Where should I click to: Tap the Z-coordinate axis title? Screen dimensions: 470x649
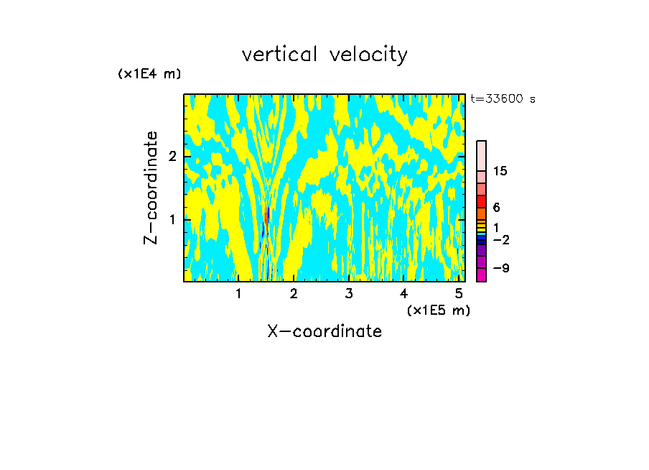tap(151, 188)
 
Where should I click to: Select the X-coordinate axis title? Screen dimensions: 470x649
tap(324, 331)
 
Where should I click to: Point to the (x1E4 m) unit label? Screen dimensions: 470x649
tap(149, 74)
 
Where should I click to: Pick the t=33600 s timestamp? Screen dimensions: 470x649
tap(503, 99)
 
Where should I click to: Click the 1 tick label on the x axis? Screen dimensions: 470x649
tap(238, 294)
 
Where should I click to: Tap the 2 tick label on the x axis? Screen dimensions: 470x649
tap(294, 294)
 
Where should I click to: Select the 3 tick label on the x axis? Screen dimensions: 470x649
tap(348, 294)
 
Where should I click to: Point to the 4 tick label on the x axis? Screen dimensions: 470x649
tap(403, 294)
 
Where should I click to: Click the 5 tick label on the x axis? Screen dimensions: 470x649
tap(458, 294)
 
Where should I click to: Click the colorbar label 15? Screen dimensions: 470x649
tap(500, 171)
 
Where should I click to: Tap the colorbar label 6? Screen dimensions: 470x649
tap(496, 207)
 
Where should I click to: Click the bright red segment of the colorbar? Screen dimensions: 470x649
tap(481, 202)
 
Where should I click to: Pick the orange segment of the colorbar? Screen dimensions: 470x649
tap(481, 213)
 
